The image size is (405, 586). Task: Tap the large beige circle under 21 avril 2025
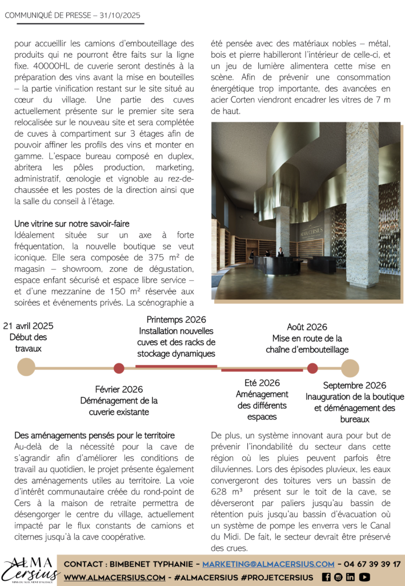(26, 367)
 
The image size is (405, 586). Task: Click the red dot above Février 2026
(119, 368)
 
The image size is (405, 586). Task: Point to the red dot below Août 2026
(312, 369)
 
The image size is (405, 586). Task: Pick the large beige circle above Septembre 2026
(350, 368)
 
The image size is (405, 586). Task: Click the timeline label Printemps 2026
(176, 320)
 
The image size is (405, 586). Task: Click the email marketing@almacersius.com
(268, 564)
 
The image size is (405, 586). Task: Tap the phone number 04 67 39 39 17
(371, 564)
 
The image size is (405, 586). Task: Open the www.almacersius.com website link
(114, 577)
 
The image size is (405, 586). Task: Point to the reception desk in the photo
(278, 265)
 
